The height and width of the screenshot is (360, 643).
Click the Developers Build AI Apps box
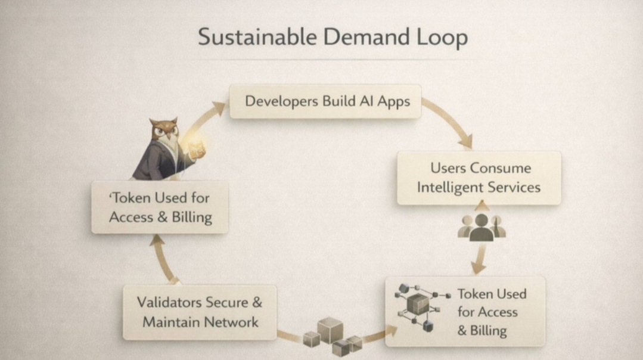click(x=325, y=101)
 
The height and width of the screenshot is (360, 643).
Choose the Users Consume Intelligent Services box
click(x=479, y=177)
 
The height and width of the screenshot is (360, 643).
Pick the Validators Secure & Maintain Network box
click(x=200, y=312)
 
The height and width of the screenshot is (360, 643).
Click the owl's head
click(x=164, y=130)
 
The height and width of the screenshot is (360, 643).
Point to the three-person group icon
click(x=482, y=228)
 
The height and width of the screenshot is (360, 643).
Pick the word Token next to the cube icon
click(x=474, y=294)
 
